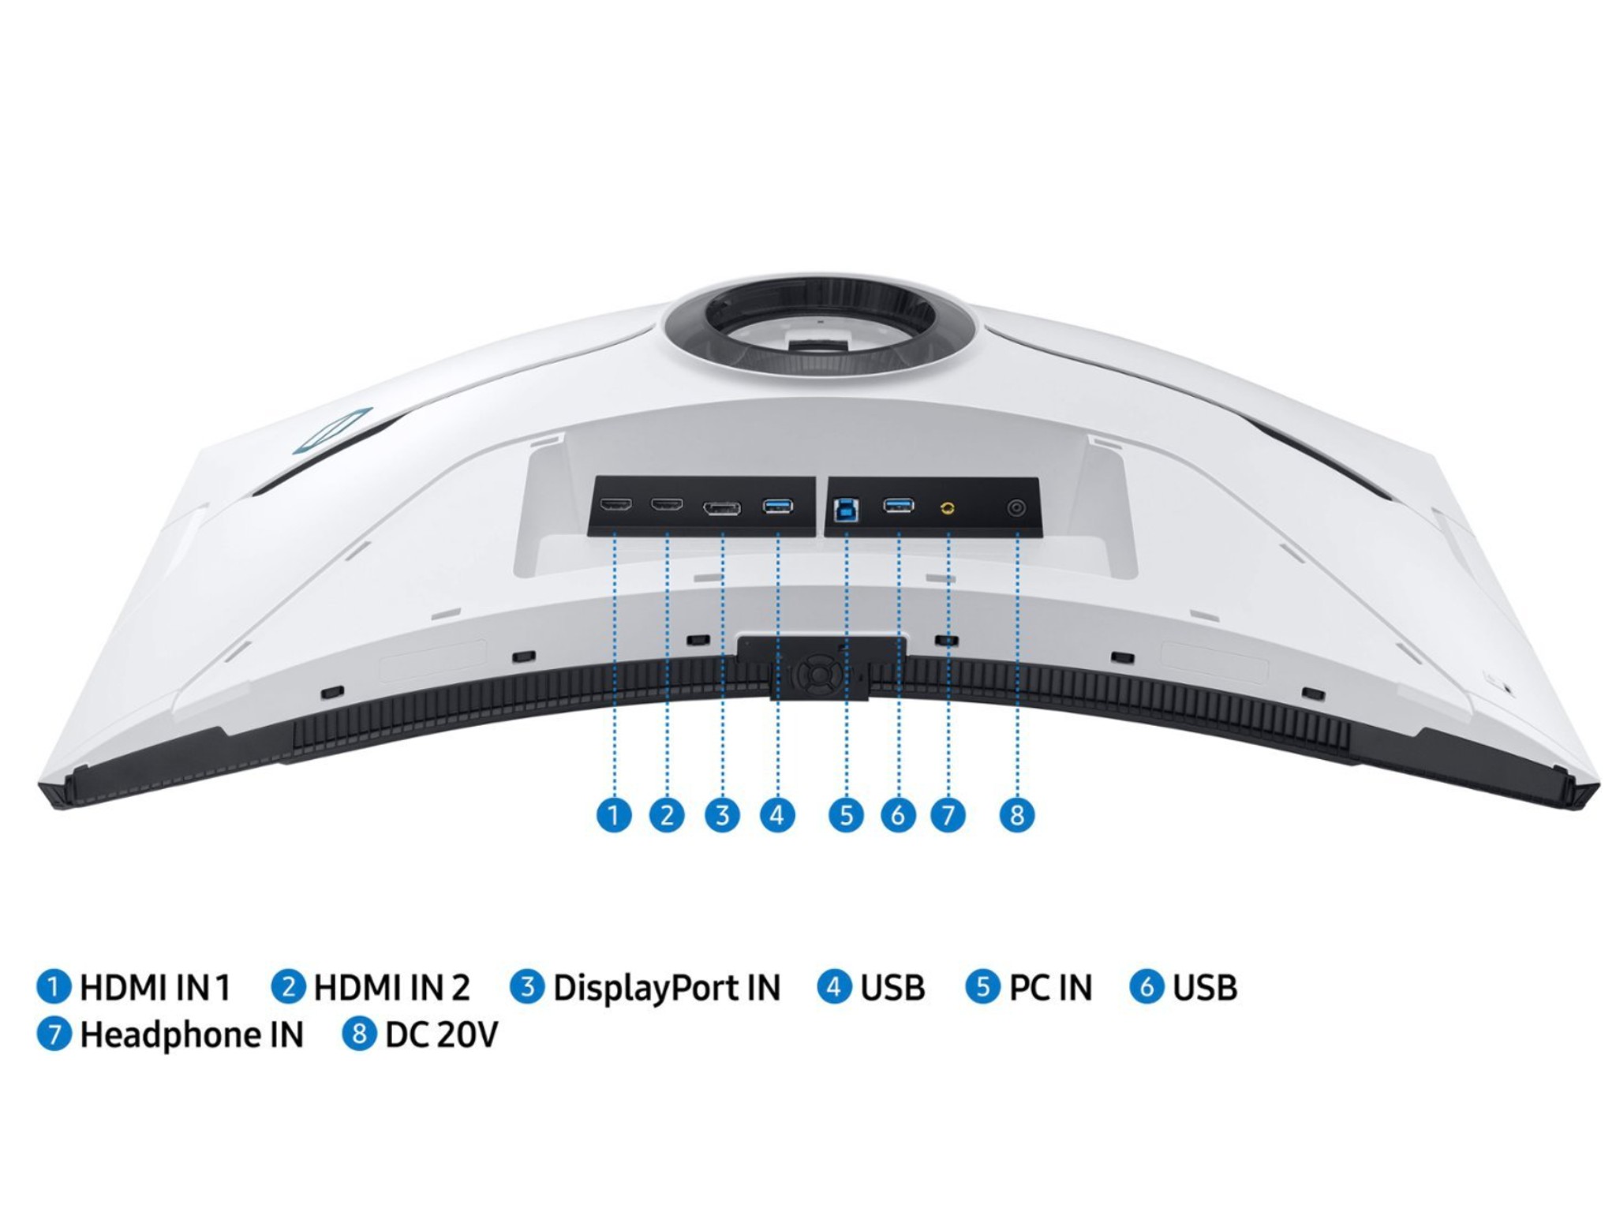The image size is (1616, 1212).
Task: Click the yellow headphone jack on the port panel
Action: (x=948, y=507)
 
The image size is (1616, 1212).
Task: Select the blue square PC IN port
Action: (x=846, y=510)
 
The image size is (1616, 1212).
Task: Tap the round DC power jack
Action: (x=1016, y=508)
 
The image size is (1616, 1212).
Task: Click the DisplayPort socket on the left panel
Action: (x=722, y=509)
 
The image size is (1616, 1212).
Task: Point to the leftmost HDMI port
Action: (x=615, y=504)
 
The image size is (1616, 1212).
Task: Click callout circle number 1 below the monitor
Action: (x=614, y=814)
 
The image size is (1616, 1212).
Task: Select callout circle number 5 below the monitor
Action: (x=846, y=814)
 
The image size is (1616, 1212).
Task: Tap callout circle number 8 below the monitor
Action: (x=1016, y=814)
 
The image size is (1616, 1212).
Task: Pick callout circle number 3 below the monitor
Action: (x=722, y=814)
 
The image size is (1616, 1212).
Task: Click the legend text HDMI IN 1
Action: (x=155, y=987)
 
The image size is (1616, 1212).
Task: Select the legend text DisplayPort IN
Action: (x=667, y=988)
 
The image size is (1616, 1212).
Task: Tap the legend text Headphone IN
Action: (x=192, y=1034)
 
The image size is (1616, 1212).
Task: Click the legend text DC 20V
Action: (x=442, y=1034)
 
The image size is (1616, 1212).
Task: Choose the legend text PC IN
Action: (x=1050, y=987)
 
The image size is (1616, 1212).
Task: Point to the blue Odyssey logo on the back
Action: (x=331, y=432)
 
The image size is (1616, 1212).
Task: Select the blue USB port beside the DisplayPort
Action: (x=778, y=506)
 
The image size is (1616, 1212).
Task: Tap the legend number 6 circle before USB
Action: (x=1147, y=987)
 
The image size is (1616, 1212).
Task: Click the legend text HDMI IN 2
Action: (x=391, y=987)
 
